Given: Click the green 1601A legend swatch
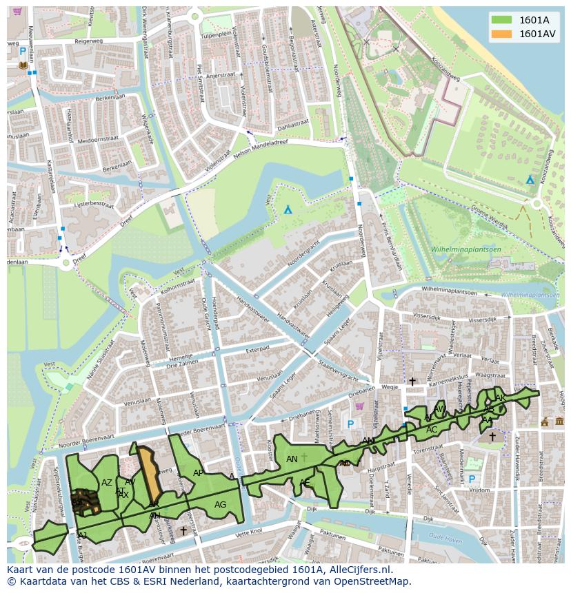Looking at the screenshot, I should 501,20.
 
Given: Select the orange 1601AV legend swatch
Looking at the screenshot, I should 501,34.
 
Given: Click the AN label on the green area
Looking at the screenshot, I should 292,459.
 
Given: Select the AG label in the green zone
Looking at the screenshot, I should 220,505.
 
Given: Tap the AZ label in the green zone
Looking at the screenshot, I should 106,483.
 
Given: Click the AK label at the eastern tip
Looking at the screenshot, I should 501,398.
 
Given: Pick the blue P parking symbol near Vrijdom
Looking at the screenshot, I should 472,479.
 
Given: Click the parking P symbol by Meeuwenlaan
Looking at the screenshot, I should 23,52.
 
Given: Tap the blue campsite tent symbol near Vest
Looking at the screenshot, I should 288,209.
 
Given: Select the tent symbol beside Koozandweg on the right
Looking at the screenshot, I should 530,179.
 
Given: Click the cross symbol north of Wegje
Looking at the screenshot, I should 412,381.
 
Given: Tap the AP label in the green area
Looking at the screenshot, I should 198,473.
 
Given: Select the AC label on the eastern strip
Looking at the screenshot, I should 432,430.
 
